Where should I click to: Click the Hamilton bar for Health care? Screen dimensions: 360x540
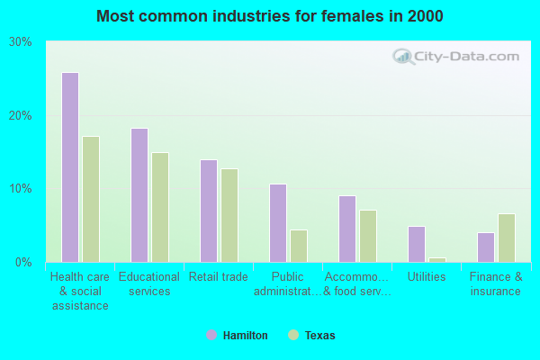pos(70,167)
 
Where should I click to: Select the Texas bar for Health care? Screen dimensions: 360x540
pos(91,199)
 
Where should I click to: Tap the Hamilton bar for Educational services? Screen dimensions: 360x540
pos(139,195)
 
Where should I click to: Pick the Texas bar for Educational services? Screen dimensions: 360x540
pos(160,207)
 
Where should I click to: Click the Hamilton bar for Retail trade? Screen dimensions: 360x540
pos(209,211)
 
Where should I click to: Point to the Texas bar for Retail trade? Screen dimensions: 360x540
pos(229,215)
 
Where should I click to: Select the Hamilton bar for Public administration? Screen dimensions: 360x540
pos(278,223)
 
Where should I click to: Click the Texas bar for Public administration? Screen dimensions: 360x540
pos(299,246)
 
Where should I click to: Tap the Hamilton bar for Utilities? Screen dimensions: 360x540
pos(417,244)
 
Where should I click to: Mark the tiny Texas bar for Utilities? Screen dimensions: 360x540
pos(437,259)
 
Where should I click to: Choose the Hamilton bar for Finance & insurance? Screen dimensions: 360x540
pos(486,247)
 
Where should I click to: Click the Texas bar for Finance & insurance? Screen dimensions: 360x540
pos(507,238)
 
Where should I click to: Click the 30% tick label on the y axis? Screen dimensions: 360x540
pos(21,42)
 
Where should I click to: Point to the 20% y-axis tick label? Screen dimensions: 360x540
pos(21,116)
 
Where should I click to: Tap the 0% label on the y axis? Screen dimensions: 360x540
pos(23,263)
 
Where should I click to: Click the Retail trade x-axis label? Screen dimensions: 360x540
pos(219,277)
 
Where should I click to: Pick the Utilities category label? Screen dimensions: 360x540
pos(427,277)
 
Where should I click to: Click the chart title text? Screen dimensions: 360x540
pos(270,16)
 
